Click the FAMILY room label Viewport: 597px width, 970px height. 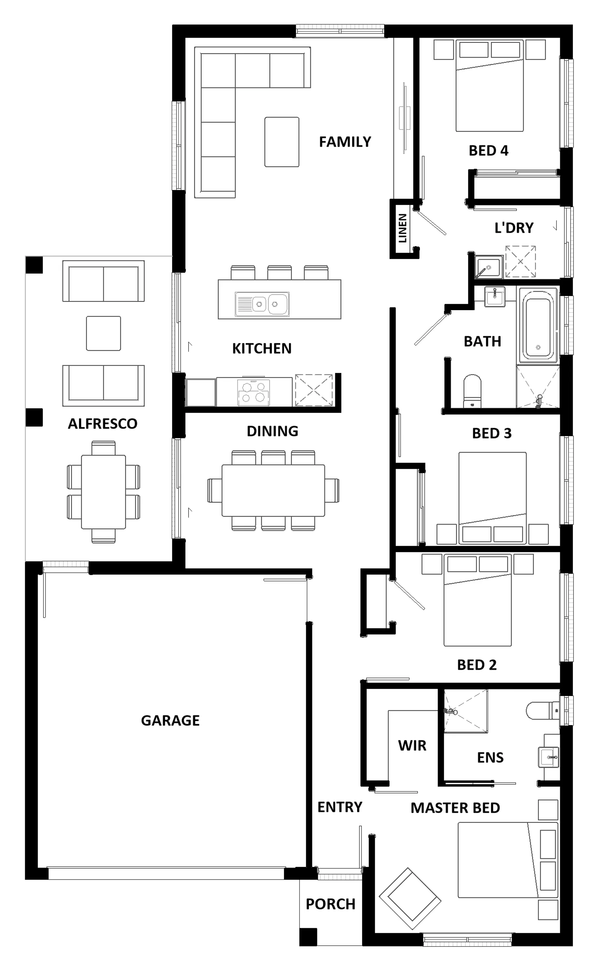coord(345,142)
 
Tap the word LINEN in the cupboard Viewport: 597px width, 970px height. coord(402,228)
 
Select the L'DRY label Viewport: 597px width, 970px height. coord(514,228)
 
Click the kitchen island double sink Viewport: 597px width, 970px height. coord(262,304)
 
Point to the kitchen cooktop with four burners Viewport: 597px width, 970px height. coord(253,392)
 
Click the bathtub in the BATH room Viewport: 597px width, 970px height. coord(538,325)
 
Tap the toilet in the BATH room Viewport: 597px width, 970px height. coord(472,391)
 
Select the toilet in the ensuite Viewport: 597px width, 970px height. coord(543,711)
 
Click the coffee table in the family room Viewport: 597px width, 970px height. coord(282,142)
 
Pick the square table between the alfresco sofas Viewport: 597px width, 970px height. coord(103,333)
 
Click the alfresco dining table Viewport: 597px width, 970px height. coord(103,492)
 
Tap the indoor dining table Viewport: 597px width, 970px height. coord(273,491)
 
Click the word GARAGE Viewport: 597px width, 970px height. coord(170,721)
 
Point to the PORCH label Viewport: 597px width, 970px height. coord(330,904)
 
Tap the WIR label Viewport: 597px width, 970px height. coord(412,745)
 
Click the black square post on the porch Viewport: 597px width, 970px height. coord(308,937)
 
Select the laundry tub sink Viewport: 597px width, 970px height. coord(489,267)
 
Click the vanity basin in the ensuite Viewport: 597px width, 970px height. coord(549,757)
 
